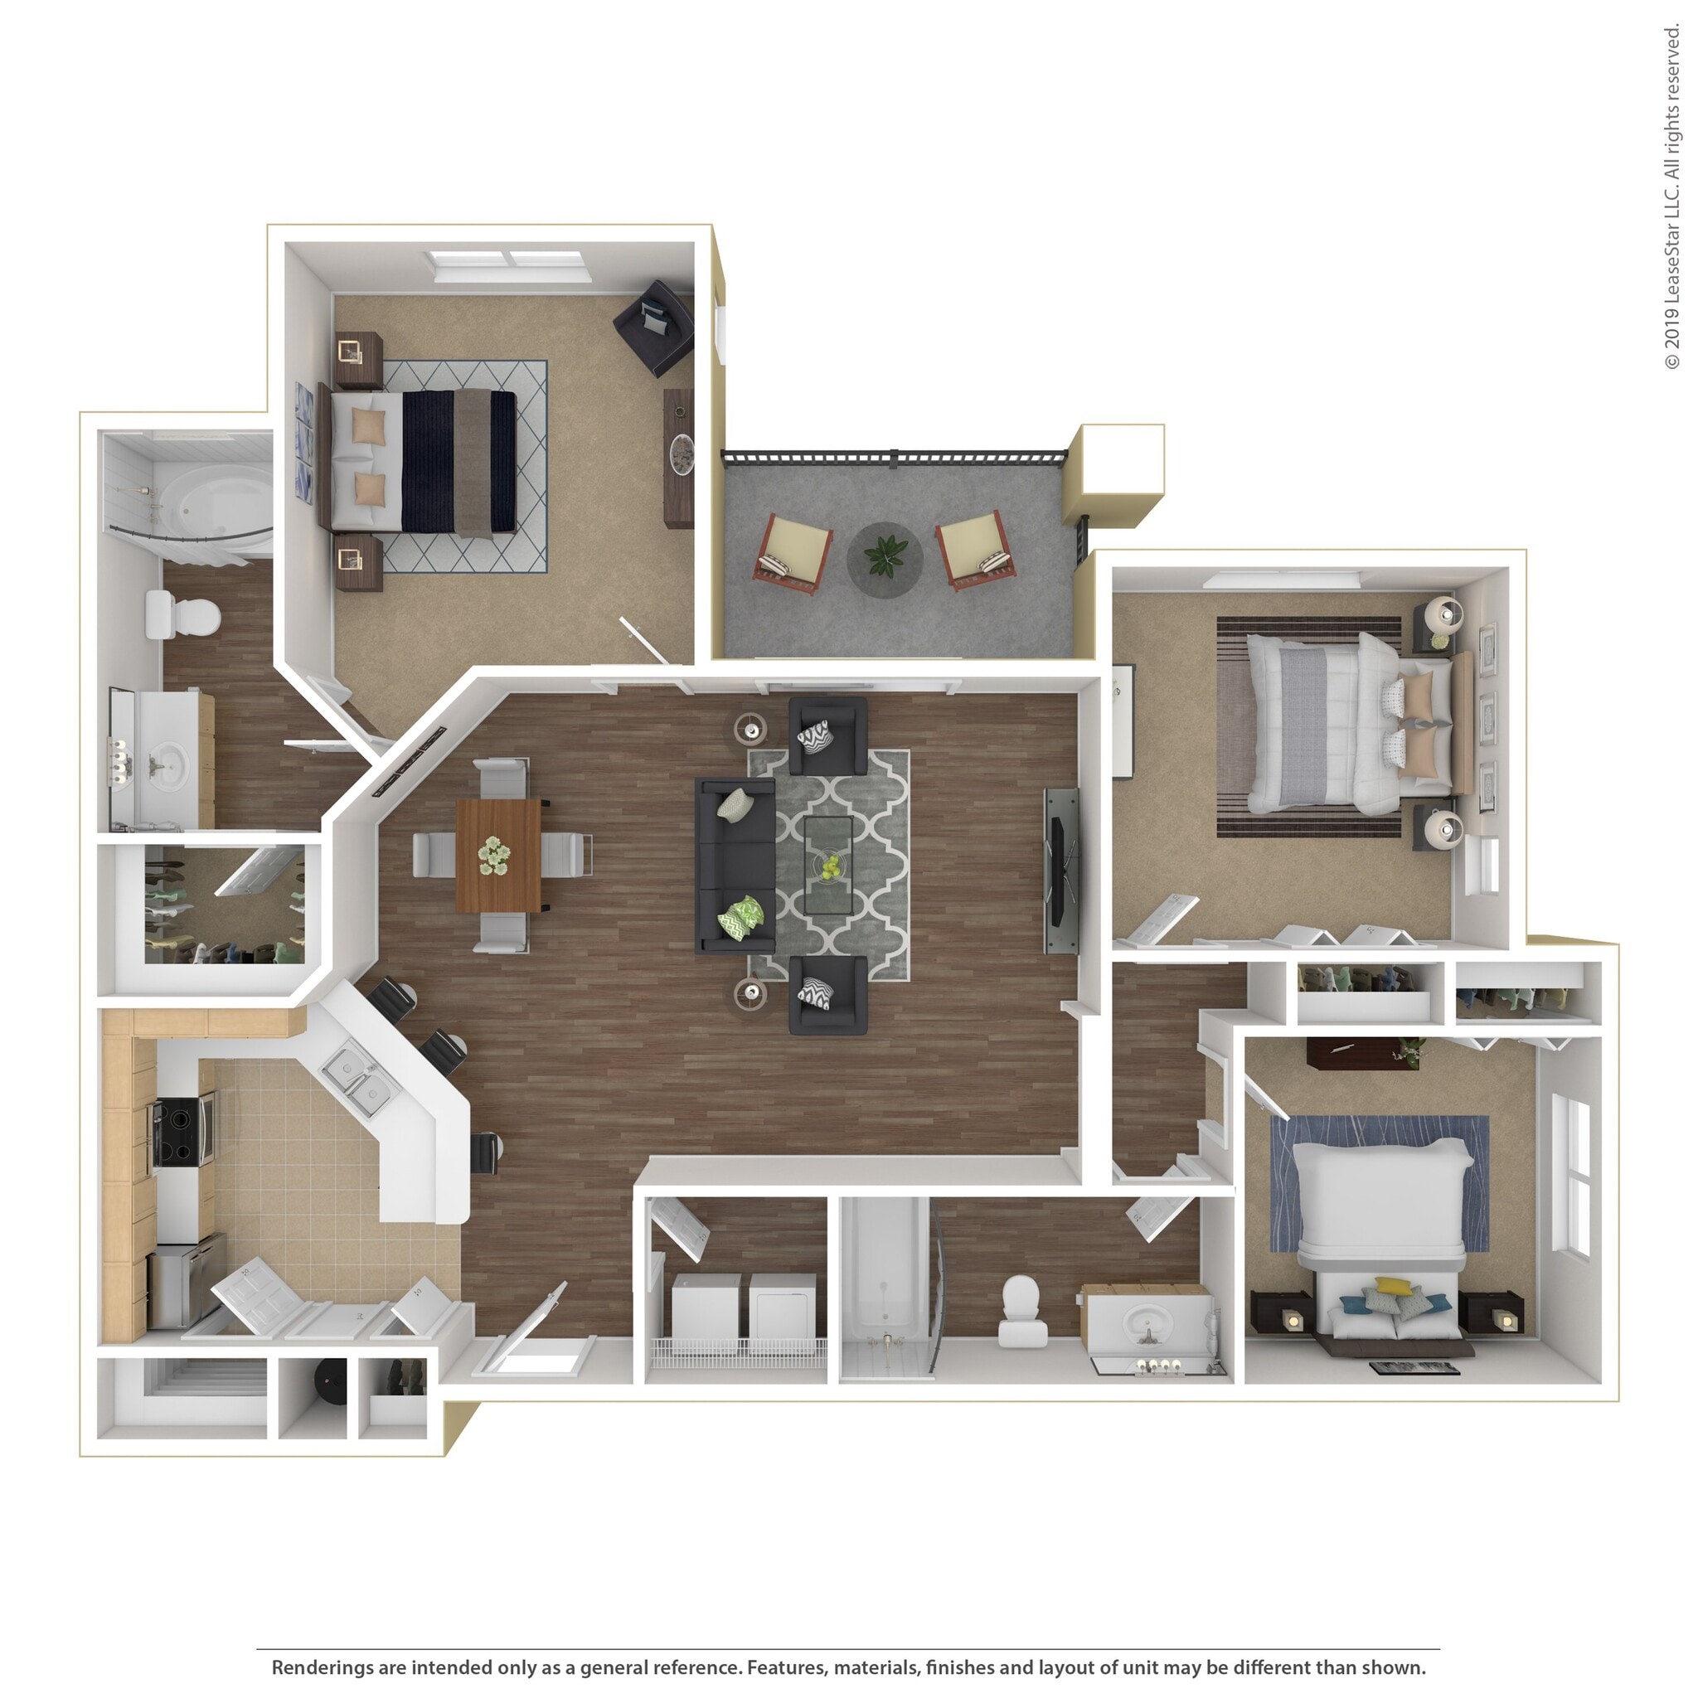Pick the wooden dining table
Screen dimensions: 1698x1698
tap(497, 854)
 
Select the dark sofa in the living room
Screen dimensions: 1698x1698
tap(735, 865)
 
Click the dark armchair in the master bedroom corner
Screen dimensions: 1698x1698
tap(655, 325)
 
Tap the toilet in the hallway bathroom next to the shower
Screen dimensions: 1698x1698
tap(1021, 1307)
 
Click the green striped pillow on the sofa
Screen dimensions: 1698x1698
tap(741, 917)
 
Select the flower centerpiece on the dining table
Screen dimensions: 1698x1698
tap(494, 854)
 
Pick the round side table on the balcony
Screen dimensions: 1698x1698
tap(884, 559)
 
